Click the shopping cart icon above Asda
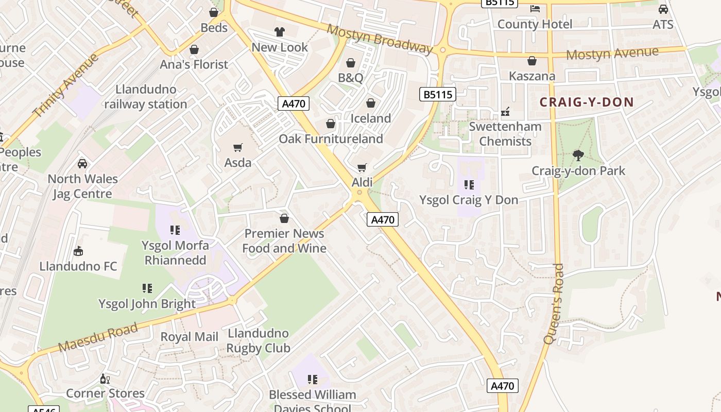coord(237,148)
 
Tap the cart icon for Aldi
coord(362,167)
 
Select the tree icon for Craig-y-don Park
coord(578,155)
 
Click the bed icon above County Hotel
coord(535,9)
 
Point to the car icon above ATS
coord(663,9)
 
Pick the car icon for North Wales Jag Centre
coord(82,164)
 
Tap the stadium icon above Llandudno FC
coord(78,251)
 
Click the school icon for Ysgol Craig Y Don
coord(469,184)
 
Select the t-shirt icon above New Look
coord(280,32)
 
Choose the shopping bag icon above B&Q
coord(351,63)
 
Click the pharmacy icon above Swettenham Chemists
coord(505,112)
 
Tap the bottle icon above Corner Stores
coord(105,379)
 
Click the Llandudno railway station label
coord(146,97)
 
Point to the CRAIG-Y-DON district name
coord(586,102)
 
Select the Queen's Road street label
coord(554,304)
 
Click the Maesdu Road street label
coord(98,337)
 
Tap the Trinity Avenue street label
coord(65,85)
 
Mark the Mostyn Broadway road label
coord(380,39)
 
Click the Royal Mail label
coord(190,337)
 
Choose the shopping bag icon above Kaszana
coord(532,61)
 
